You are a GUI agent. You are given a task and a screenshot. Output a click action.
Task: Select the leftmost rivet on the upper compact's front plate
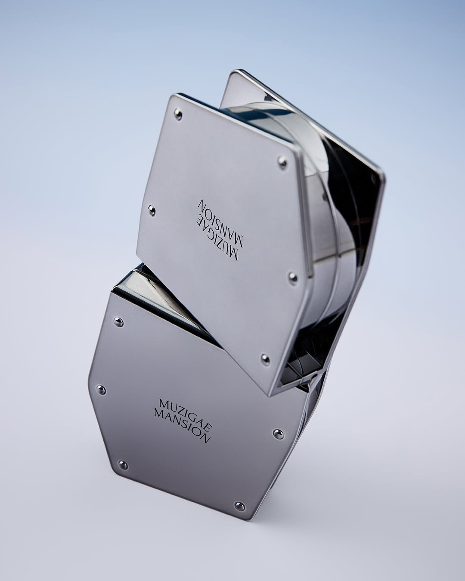152,210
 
